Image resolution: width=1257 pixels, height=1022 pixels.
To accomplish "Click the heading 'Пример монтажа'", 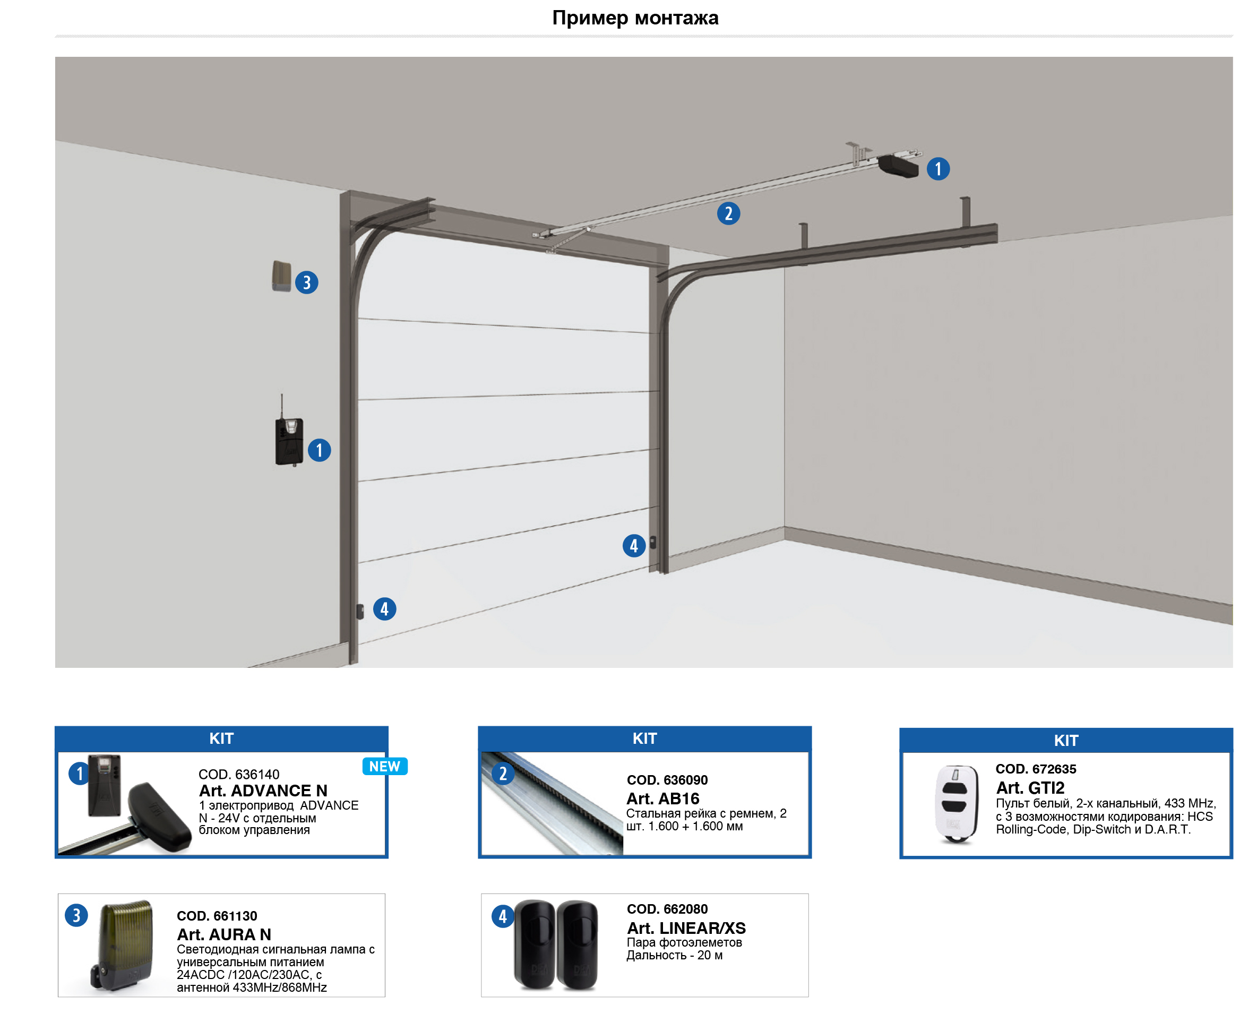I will tap(634, 18).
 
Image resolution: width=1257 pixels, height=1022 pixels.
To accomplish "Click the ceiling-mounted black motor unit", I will tap(898, 166).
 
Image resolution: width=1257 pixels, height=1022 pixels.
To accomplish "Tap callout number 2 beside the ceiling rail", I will tap(728, 213).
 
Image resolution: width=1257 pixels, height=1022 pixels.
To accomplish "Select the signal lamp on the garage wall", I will tap(281, 276).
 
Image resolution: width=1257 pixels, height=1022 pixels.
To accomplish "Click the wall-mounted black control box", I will tap(289, 442).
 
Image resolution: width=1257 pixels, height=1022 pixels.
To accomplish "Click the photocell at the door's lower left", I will tap(360, 611).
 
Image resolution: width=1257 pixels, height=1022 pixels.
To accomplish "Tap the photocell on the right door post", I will tap(652, 542).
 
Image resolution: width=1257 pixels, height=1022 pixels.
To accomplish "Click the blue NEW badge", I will tap(384, 766).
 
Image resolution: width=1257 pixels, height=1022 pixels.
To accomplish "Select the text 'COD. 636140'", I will tap(238, 774).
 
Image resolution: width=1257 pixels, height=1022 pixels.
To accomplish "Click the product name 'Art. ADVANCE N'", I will tap(262, 791).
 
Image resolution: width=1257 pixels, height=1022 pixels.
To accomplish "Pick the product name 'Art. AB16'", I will tap(662, 799).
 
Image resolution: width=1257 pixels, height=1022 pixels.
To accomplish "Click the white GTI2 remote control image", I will tap(956, 804).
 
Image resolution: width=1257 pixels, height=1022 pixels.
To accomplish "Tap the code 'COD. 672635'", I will tap(1035, 769).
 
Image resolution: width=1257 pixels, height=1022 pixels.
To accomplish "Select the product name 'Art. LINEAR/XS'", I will tap(686, 928).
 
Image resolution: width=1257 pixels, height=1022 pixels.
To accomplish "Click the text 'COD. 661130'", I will tap(217, 916).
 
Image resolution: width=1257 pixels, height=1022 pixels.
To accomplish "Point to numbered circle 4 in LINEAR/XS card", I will tap(503, 916).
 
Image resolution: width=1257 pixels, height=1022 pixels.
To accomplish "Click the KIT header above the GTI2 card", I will tap(1066, 741).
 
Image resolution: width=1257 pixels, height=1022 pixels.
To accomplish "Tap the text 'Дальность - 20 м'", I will tap(674, 955).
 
